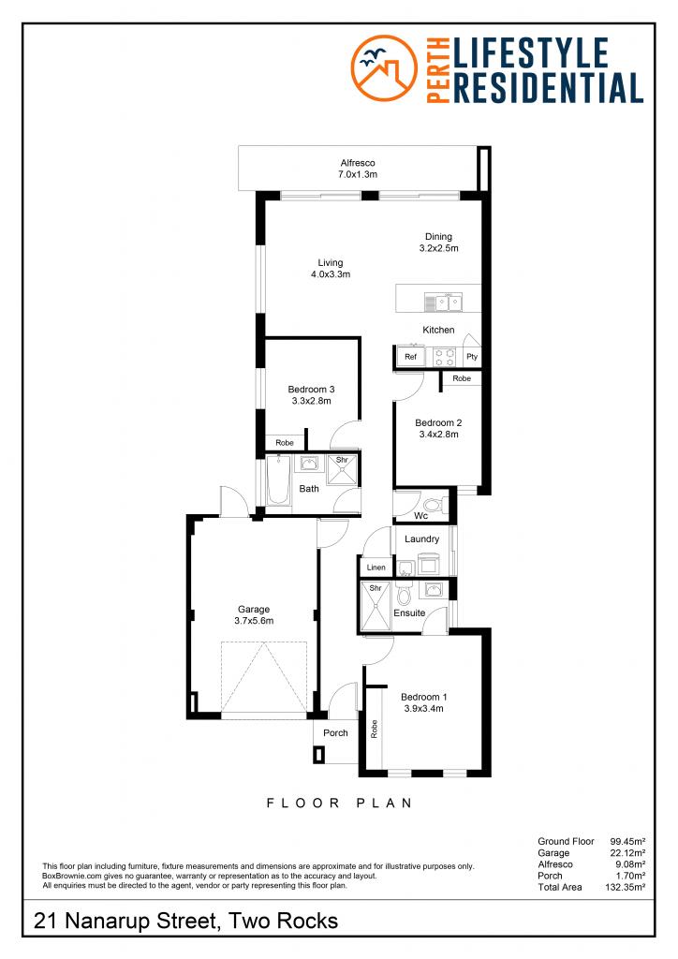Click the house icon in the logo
pos(385,69)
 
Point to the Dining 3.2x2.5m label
pos(437,243)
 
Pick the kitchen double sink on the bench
pos(444,302)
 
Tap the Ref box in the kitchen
pos(410,357)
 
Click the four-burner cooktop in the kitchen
pos(444,357)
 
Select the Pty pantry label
pos(472,358)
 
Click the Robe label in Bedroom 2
pos(461,378)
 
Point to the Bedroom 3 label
pos(311,395)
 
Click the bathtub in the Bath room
pos(278,483)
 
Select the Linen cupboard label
pos(376,568)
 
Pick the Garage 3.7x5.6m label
pos(253,614)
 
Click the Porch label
pos(335,732)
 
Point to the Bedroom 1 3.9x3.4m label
pos(423,702)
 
